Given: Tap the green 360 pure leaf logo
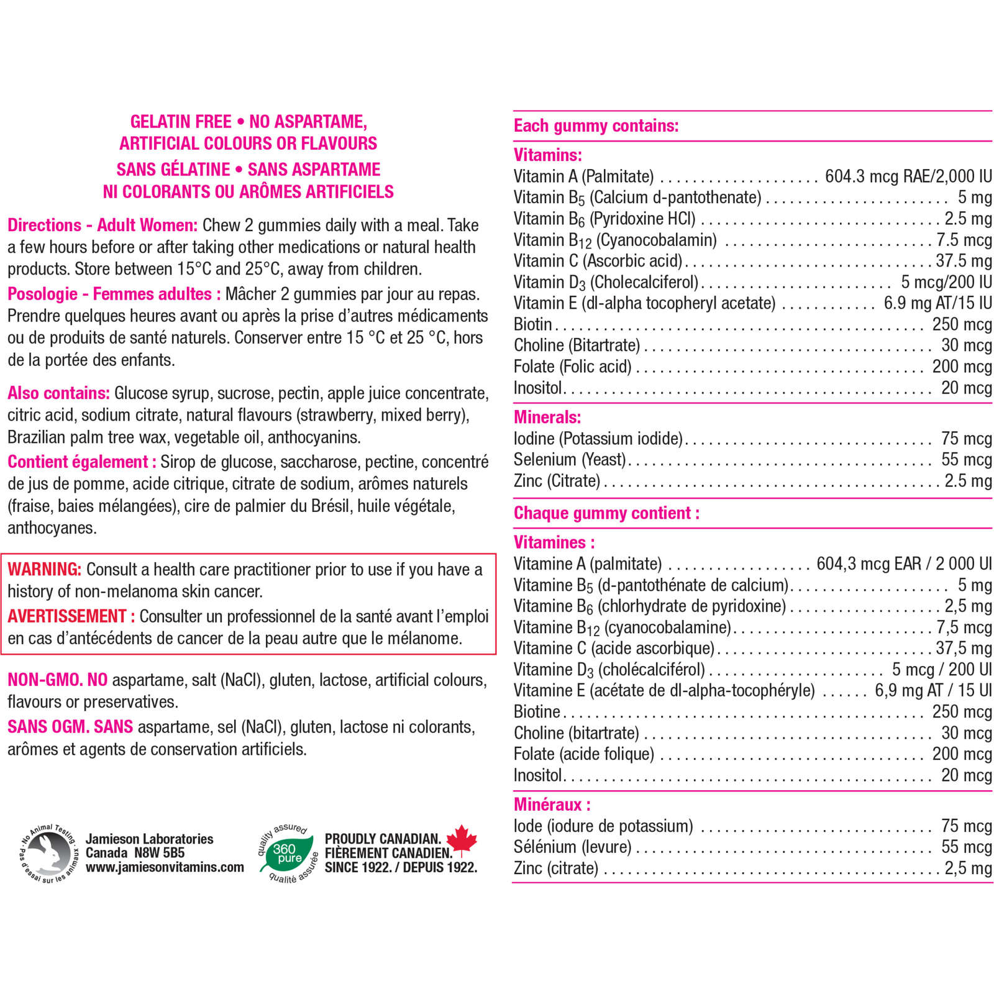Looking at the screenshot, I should point(287,853).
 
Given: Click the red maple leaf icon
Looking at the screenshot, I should point(461,839).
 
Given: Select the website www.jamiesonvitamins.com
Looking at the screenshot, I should point(165,867).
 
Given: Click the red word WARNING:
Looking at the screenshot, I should point(44,569).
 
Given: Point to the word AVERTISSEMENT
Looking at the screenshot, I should point(67,616).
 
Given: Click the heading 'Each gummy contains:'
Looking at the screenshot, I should point(596,126).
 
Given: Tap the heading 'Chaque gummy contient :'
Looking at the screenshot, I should point(606,513).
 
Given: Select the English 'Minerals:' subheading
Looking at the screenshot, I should point(547,417).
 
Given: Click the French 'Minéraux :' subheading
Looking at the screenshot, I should point(552,805).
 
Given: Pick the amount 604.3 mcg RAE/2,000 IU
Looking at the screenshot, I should point(908,176).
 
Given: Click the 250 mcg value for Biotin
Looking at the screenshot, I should point(962,324).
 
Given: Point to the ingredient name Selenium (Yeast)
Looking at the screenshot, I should point(570,460).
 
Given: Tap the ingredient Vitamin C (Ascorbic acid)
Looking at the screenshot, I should point(598,261).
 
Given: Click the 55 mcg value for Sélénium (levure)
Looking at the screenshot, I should point(966,847).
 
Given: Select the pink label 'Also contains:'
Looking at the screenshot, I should point(58,393).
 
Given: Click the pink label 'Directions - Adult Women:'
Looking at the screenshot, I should point(103,225).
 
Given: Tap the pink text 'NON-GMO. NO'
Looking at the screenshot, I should point(57,680).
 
